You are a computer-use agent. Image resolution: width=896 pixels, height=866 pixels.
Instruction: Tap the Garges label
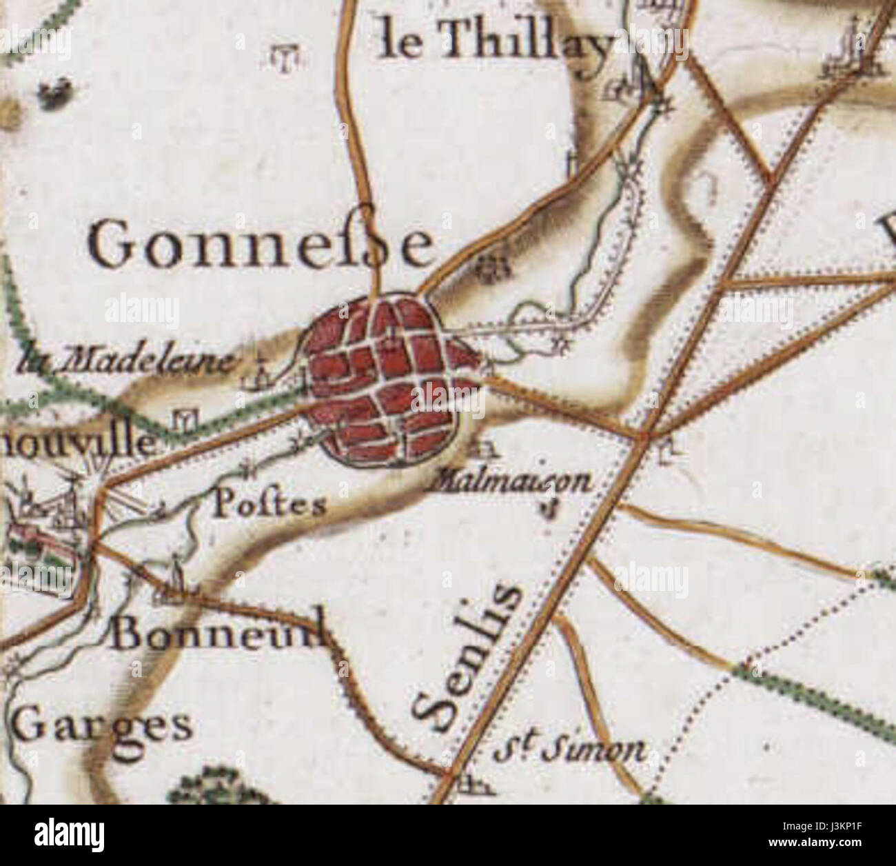tap(103, 725)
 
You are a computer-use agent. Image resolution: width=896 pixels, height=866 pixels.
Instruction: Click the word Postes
tap(269, 505)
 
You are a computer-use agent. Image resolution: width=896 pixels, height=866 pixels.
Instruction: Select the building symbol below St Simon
tap(472, 783)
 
